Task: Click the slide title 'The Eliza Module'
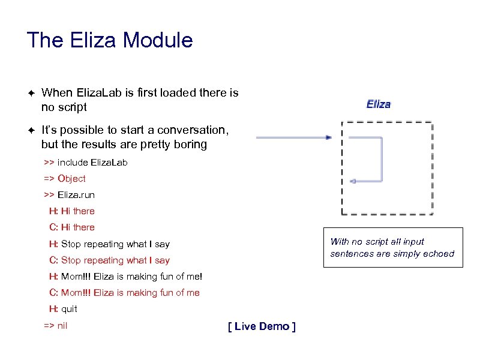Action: (x=110, y=41)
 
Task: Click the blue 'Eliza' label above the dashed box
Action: (x=379, y=104)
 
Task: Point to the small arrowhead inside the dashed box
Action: (x=353, y=180)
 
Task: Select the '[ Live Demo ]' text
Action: (x=262, y=326)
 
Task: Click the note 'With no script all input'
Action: (x=377, y=242)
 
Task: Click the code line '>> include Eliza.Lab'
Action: (x=86, y=163)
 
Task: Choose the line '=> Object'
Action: (x=65, y=179)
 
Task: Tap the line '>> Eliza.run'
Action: (x=69, y=195)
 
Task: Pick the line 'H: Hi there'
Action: (x=72, y=211)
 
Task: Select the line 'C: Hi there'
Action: (x=72, y=227)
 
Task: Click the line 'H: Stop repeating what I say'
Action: (x=109, y=244)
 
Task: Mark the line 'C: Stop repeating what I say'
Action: (x=109, y=260)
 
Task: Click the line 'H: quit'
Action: (x=63, y=309)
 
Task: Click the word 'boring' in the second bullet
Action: (x=191, y=145)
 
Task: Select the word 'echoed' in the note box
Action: (x=439, y=254)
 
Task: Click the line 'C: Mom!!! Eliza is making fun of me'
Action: (x=124, y=293)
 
